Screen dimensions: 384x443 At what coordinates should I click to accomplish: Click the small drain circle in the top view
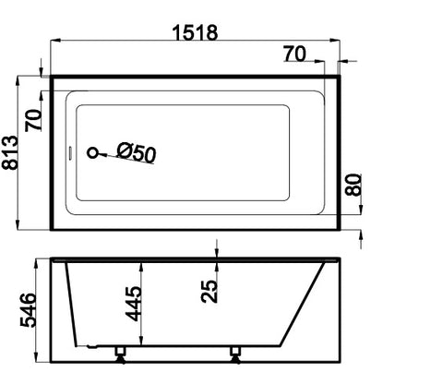pos(91,153)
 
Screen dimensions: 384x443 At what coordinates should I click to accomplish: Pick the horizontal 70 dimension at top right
pos(294,54)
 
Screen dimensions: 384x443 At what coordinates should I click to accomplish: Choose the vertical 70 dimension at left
pos(35,120)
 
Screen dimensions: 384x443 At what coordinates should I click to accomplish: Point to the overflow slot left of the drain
pos(70,153)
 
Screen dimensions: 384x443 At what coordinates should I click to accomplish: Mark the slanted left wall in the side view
pos(76,305)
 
